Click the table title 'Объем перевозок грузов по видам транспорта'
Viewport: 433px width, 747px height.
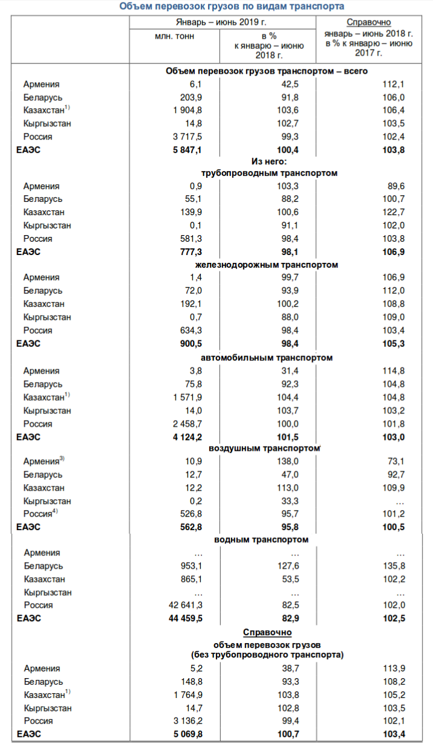coord(232,7)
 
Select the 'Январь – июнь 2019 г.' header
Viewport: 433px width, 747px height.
coord(222,22)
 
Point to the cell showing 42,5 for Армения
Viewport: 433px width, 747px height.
coord(287,84)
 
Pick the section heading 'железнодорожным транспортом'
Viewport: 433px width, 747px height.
coord(267,265)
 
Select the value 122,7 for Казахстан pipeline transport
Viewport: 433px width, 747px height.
coord(393,212)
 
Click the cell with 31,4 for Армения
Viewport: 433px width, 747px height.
coord(287,371)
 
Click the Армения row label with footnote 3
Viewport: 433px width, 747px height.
coord(44,461)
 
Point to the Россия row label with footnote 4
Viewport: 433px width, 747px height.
coord(40,514)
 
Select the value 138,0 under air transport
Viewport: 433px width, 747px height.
coord(287,461)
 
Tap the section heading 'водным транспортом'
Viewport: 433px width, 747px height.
coord(262,539)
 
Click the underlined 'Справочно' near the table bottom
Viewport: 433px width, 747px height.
coord(267,632)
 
